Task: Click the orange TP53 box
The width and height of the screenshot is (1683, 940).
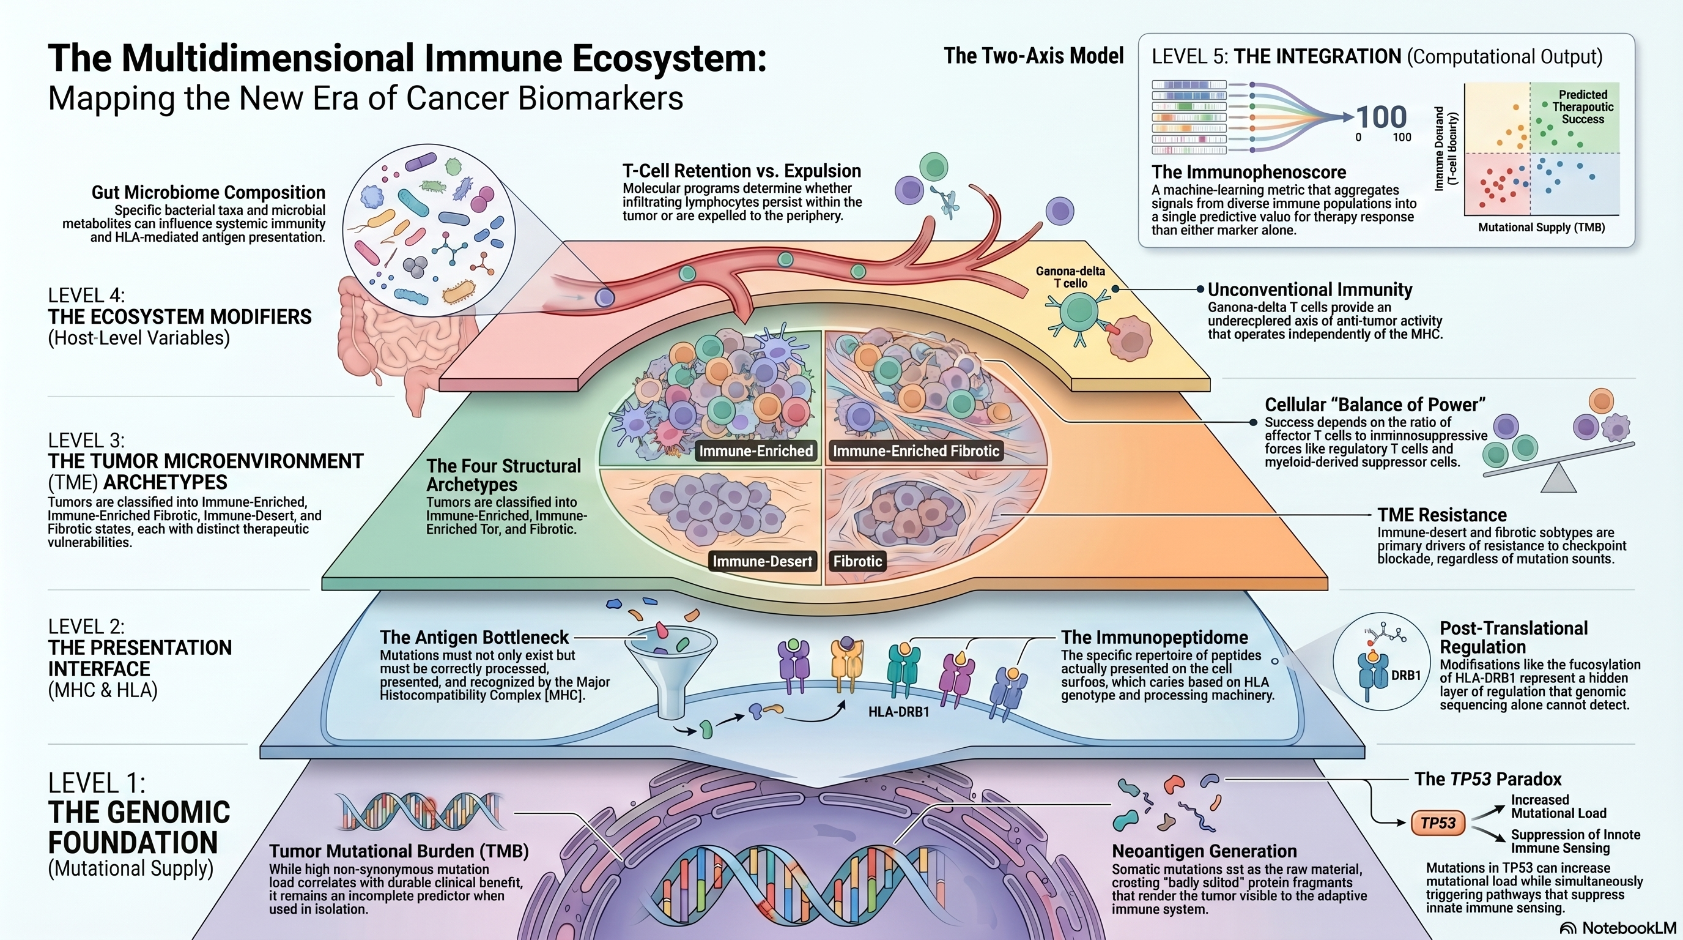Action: [x=1437, y=823]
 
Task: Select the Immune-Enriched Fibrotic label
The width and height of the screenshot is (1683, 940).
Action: [x=915, y=451]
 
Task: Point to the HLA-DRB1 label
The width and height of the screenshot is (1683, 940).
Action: [x=898, y=712]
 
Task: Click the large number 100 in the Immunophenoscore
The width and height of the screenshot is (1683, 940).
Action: [x=1381, y=117]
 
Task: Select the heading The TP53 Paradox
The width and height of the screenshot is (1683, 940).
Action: [x=1488, y=779]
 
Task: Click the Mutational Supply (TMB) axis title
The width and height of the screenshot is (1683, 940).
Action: [x=1541, y=228]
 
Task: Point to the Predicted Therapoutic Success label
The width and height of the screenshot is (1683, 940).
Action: [x=1582, y=107]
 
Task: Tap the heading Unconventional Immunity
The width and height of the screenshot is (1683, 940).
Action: [x=1309, y=289]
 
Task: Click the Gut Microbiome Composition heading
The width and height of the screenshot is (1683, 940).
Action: [x=208, y=193]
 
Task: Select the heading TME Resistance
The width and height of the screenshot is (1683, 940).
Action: [x=1442, y=515]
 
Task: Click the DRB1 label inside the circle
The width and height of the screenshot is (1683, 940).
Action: [x=1406, y=675]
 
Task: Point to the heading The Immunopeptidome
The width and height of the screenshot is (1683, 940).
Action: [x=1154, y=637]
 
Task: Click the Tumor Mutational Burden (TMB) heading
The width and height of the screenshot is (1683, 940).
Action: [x=399, y=851]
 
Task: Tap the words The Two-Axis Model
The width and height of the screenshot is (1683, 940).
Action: [x=1034, y=56]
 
